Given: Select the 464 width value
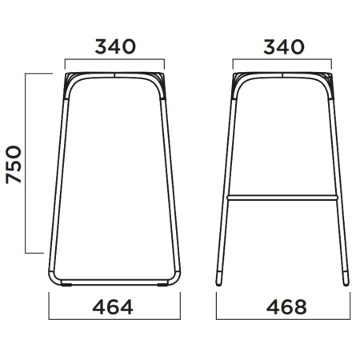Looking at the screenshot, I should (115, 306).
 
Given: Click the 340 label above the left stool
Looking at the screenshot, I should (115, 46).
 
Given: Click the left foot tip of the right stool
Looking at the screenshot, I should (220, 281).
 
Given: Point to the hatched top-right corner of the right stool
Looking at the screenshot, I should (328, 80).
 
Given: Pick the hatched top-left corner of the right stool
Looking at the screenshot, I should (238, 80).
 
